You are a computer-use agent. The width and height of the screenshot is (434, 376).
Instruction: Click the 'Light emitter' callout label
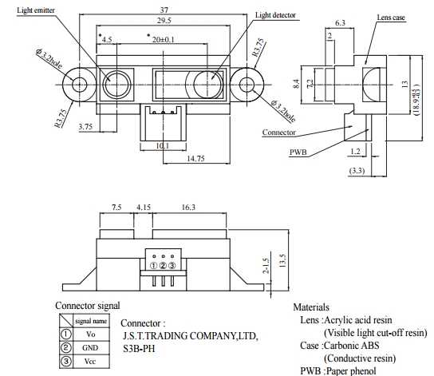coord(36,10)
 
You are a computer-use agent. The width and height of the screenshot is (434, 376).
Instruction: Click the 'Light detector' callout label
coord(275,15)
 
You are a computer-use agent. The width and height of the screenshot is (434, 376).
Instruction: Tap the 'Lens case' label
coord(391,18)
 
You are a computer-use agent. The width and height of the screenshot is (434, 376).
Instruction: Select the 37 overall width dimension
coord(164,10)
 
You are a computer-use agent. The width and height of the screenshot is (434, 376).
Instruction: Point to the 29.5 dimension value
coord(164,21)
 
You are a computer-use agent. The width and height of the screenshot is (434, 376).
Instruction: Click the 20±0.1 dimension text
coord(164,40)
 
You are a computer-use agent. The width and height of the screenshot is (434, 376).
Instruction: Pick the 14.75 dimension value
coord(195,158)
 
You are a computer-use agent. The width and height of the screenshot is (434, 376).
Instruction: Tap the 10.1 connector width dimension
coord(163,145)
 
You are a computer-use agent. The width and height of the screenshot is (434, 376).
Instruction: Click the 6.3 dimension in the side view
coord(340,22)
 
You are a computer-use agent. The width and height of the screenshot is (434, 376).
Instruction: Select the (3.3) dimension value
coord(357,170)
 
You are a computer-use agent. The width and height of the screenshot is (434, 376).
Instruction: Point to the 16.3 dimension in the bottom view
coord(188,207)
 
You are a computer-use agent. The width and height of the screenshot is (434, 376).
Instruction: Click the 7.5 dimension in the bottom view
coord(116,207)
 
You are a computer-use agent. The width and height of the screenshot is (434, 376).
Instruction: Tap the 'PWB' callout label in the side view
coord(298,152)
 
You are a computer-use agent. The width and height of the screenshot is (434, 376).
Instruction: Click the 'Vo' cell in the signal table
coord(90,334)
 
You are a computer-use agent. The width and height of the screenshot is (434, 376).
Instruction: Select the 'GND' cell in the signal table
coord(90,348)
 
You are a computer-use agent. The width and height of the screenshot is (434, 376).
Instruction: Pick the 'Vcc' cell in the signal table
coord(90,362)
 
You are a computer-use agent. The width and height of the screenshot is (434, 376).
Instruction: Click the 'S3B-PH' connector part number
coord(139,348)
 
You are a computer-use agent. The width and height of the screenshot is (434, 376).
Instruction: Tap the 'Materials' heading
coord(311,307)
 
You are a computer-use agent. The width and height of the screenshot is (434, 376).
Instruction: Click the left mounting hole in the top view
coord(80,85)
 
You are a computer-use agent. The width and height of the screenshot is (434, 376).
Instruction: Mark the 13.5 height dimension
coord(282,260)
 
